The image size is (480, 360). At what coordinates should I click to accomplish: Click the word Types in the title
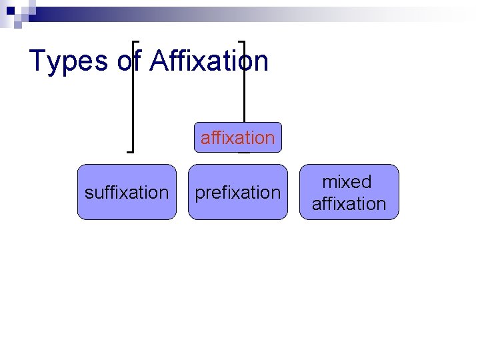point(69,61)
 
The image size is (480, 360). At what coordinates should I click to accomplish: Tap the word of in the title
point(129,61)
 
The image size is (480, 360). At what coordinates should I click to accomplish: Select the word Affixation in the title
point(209,61)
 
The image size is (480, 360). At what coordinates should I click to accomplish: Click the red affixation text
point(237,138)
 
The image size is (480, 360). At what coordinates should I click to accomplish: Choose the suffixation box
point(127,192)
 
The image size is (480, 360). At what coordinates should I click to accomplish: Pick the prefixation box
point(237,192)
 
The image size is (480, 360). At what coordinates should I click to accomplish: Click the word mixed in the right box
point(347,182)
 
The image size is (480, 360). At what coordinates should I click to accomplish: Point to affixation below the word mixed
point(349,203)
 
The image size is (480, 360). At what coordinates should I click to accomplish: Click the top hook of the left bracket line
point(137,41)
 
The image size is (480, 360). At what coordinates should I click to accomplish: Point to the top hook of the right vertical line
point(241,41)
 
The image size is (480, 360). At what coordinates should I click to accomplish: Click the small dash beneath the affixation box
point(244,153)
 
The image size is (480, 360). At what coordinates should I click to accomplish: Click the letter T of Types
point(38,61)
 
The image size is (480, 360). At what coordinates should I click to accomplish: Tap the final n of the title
point(261,61)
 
